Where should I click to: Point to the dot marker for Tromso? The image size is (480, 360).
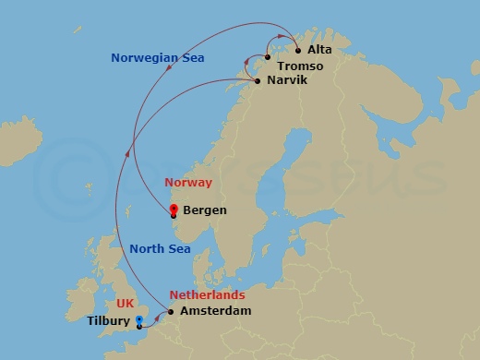pyautogui.click(x=268, y=58)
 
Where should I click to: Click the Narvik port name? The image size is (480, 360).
pyautogui.click(x=286, y=81)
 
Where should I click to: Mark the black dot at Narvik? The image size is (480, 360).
pyautogui.click(x=257, y=81)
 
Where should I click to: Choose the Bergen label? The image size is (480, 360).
pyautogui.click(x=205, y=210)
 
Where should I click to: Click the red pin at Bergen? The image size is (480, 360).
pyautogui.click(x=174, y=210)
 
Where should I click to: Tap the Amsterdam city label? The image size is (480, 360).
pyautogui.click(x=215, y=312)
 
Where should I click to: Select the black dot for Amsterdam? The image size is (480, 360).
pyautogui.click(x=171, y=312)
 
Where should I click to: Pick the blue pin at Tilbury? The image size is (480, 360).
pyautogui.click(x=139, y=321)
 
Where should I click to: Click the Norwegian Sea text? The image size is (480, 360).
pyautogui.click(x=158, y=58)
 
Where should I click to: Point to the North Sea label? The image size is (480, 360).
pyautogui.click(x=160, y=248)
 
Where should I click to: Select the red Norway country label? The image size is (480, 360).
pyautogui.click(x=188, y=183)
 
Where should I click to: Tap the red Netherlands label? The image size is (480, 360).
pyautogui.click(x=208, y=295)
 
